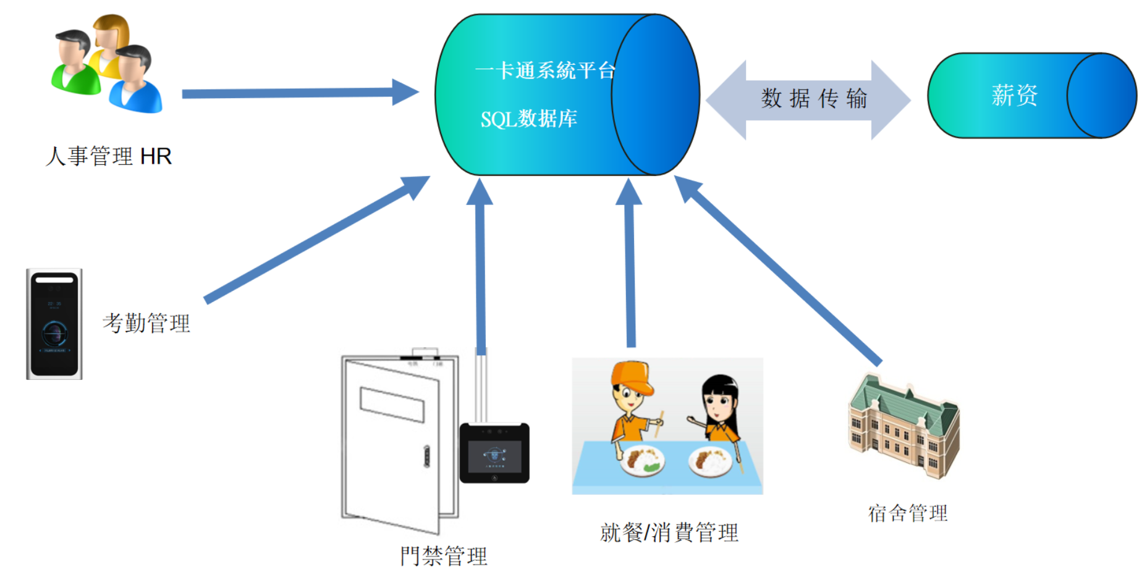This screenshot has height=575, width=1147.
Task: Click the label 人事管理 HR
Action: click(x=109, y=156)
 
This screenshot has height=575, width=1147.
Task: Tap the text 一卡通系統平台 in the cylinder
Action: click(x=545, y=70)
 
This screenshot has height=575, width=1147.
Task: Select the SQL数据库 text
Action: click(x=528, y=119)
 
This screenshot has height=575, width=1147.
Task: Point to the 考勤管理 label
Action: click(x=146, y=322)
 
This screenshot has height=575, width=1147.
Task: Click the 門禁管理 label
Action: click(x=444, y=556)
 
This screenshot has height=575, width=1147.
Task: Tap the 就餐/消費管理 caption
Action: click(x=669, y=532)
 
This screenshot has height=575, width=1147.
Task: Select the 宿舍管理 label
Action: click(x=907, y=513)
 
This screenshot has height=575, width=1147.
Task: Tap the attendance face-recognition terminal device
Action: click(x=54, y=324)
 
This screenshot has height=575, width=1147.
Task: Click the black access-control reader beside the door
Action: click(x=494, y=453)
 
